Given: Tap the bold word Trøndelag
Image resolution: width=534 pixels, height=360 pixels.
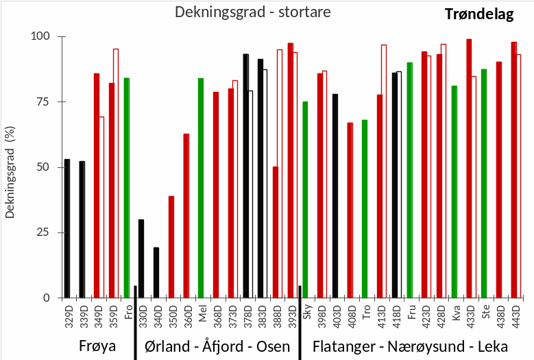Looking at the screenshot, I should click(478, 15).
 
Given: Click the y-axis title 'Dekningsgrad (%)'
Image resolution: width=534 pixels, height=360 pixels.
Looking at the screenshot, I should click(10, 167).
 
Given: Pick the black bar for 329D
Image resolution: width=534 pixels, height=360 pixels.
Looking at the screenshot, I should click(67, 228).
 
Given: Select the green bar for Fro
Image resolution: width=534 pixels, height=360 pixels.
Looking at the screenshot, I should click(127, 188).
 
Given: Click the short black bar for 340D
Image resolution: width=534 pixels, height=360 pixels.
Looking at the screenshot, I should click(156, 272).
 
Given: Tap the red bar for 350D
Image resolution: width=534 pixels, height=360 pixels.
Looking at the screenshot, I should click(171, 247).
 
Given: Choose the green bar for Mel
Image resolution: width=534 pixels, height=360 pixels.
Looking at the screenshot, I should click(201, 188).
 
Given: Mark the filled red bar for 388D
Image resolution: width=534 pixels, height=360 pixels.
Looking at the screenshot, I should click(276, 232).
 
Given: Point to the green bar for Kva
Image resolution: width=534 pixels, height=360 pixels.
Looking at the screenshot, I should click(454, 191).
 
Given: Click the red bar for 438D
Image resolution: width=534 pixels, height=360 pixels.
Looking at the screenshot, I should click(499, 180).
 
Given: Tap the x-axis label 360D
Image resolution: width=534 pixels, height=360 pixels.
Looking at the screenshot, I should click(186, 315).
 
